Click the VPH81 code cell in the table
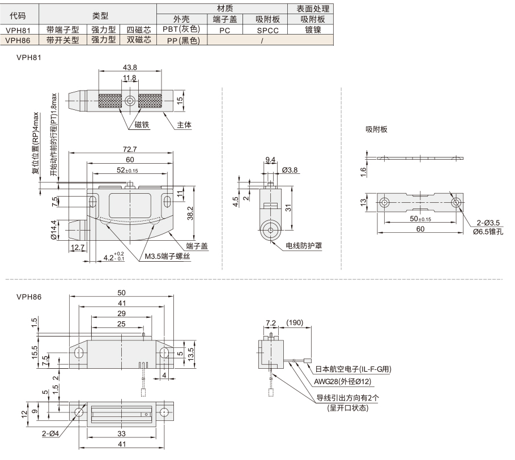coord(18,30)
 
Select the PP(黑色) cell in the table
coord(182,40)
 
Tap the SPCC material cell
coord(267,30)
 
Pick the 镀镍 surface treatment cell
coord(312,30)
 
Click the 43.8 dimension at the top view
coord(130,67)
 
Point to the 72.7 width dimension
coord(130,149)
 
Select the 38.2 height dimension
coord(190,214)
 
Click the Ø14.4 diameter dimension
coord(54,230)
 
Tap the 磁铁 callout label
coord(142,125)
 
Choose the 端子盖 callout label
coord(197,246)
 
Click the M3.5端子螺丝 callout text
coord(168,257)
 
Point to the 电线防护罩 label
coord(304,246)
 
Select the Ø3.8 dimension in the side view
coord(290,170)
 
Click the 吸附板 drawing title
coord(376,129)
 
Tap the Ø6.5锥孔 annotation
coord(488,232)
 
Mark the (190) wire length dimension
coord(295,322)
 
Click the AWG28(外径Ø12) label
coord(343,381)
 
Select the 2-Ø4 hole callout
coord(50,434)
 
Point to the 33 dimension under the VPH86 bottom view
coord(121,433)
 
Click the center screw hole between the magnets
coord(130,100)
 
